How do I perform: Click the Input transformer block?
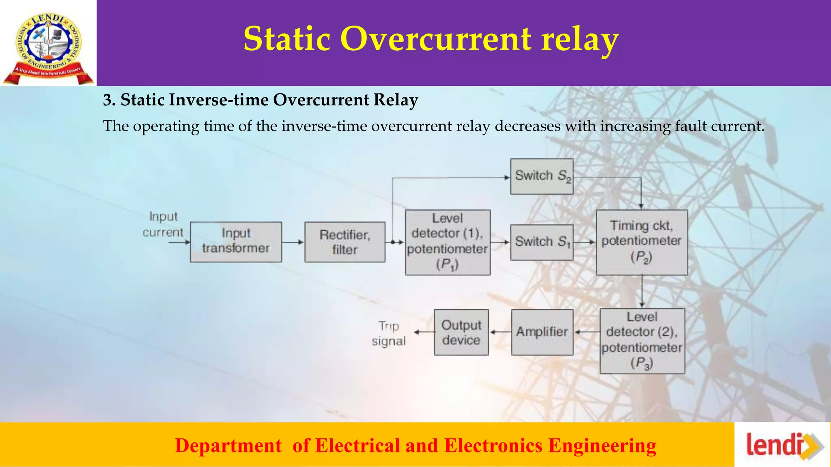[x=236, y=242]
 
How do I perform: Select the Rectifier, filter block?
[x=345, y=242]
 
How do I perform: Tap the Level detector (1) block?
[x=448, y=242]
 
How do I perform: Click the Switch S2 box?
[x=542, y=176]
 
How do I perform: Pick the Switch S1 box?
[x=542, y=242]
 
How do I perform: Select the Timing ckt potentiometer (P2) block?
[x=642, y=242]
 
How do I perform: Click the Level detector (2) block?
[x=642, y=341]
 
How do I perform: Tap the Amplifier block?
[x=542, y=332]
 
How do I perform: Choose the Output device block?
[x=461, y=332]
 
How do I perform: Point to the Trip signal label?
[x=389, y=334]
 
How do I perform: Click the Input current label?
[x=163, y=224]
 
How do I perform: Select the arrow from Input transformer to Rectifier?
[x=293, y=242]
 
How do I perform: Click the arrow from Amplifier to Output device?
[x=500, y=332]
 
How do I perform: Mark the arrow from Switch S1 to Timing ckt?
[x=585, y=242]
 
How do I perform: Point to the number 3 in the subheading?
[x=107, y=100]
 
